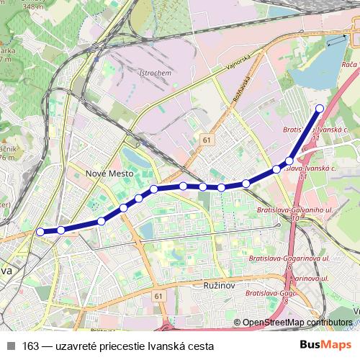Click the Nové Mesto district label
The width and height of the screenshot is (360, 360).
(106, 174)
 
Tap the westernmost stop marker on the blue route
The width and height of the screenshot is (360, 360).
(40, 231)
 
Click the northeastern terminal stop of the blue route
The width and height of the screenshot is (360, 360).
(321, 108)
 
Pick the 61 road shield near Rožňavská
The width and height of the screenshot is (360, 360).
(207, 140)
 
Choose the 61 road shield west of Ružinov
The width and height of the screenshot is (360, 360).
(158, 296)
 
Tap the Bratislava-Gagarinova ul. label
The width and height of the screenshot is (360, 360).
(289, 258)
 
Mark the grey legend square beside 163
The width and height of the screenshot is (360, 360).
(11, 346)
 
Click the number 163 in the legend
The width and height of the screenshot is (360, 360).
(30, 346)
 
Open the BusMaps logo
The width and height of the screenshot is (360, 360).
(326, 345)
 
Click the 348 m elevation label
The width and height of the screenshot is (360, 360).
(32, 6)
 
